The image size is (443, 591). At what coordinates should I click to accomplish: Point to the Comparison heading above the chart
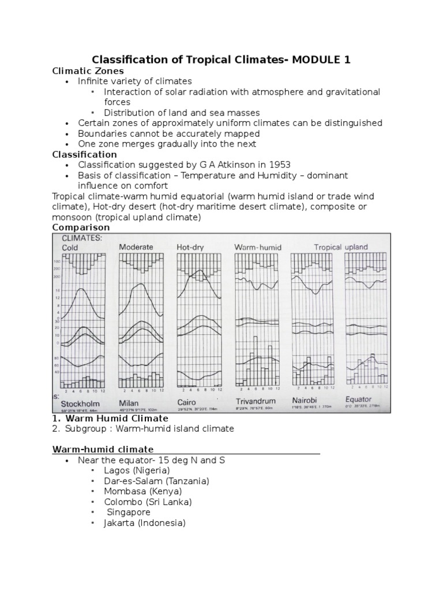click(x=81, y=227)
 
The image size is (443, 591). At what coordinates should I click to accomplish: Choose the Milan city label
click(x=132, y=401)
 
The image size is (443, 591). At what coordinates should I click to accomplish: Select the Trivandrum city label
click(x=256, y=401)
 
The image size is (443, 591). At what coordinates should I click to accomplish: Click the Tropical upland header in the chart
click(x=340, y=247)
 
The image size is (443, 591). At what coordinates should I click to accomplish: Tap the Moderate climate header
click(x=136, y=247)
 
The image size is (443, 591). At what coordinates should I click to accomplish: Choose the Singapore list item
click(x=129, y=513)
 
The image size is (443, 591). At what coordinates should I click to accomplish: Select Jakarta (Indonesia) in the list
click(x=144, y=523)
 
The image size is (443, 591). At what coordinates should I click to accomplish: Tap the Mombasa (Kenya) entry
click(x=142, y=491)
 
